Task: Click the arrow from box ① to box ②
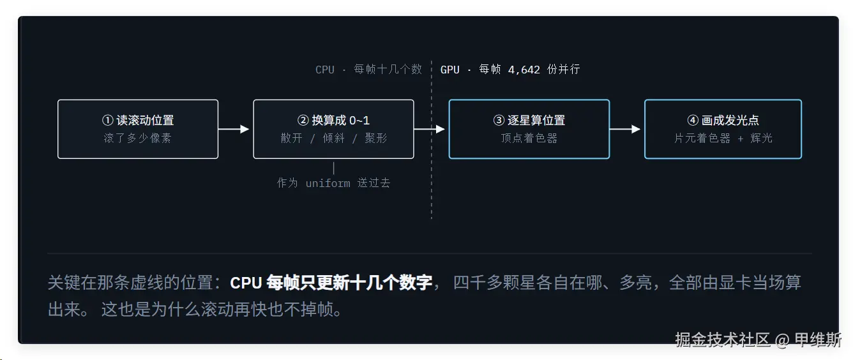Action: tap(234, 129)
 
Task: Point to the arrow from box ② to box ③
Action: tap(430, 129)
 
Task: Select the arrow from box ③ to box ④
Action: tap(625, 129)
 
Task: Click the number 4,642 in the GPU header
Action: tap(524, 70)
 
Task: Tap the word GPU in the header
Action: tap(449, 70)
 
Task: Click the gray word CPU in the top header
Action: tap(325, 70)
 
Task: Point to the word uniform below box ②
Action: tap(328, 183)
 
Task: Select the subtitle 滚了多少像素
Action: tap(137, 138)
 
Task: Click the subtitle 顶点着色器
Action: tap(529, 138)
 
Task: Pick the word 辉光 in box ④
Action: tap(761, 138)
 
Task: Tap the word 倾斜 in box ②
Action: tap(333, 138)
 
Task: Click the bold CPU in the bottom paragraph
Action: tap(246, 283)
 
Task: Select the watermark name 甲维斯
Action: tap(818, 340)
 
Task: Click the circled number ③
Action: tap(499, 120)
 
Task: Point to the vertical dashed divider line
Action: tap(432, 140)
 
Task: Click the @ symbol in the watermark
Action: tap(781, 340)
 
